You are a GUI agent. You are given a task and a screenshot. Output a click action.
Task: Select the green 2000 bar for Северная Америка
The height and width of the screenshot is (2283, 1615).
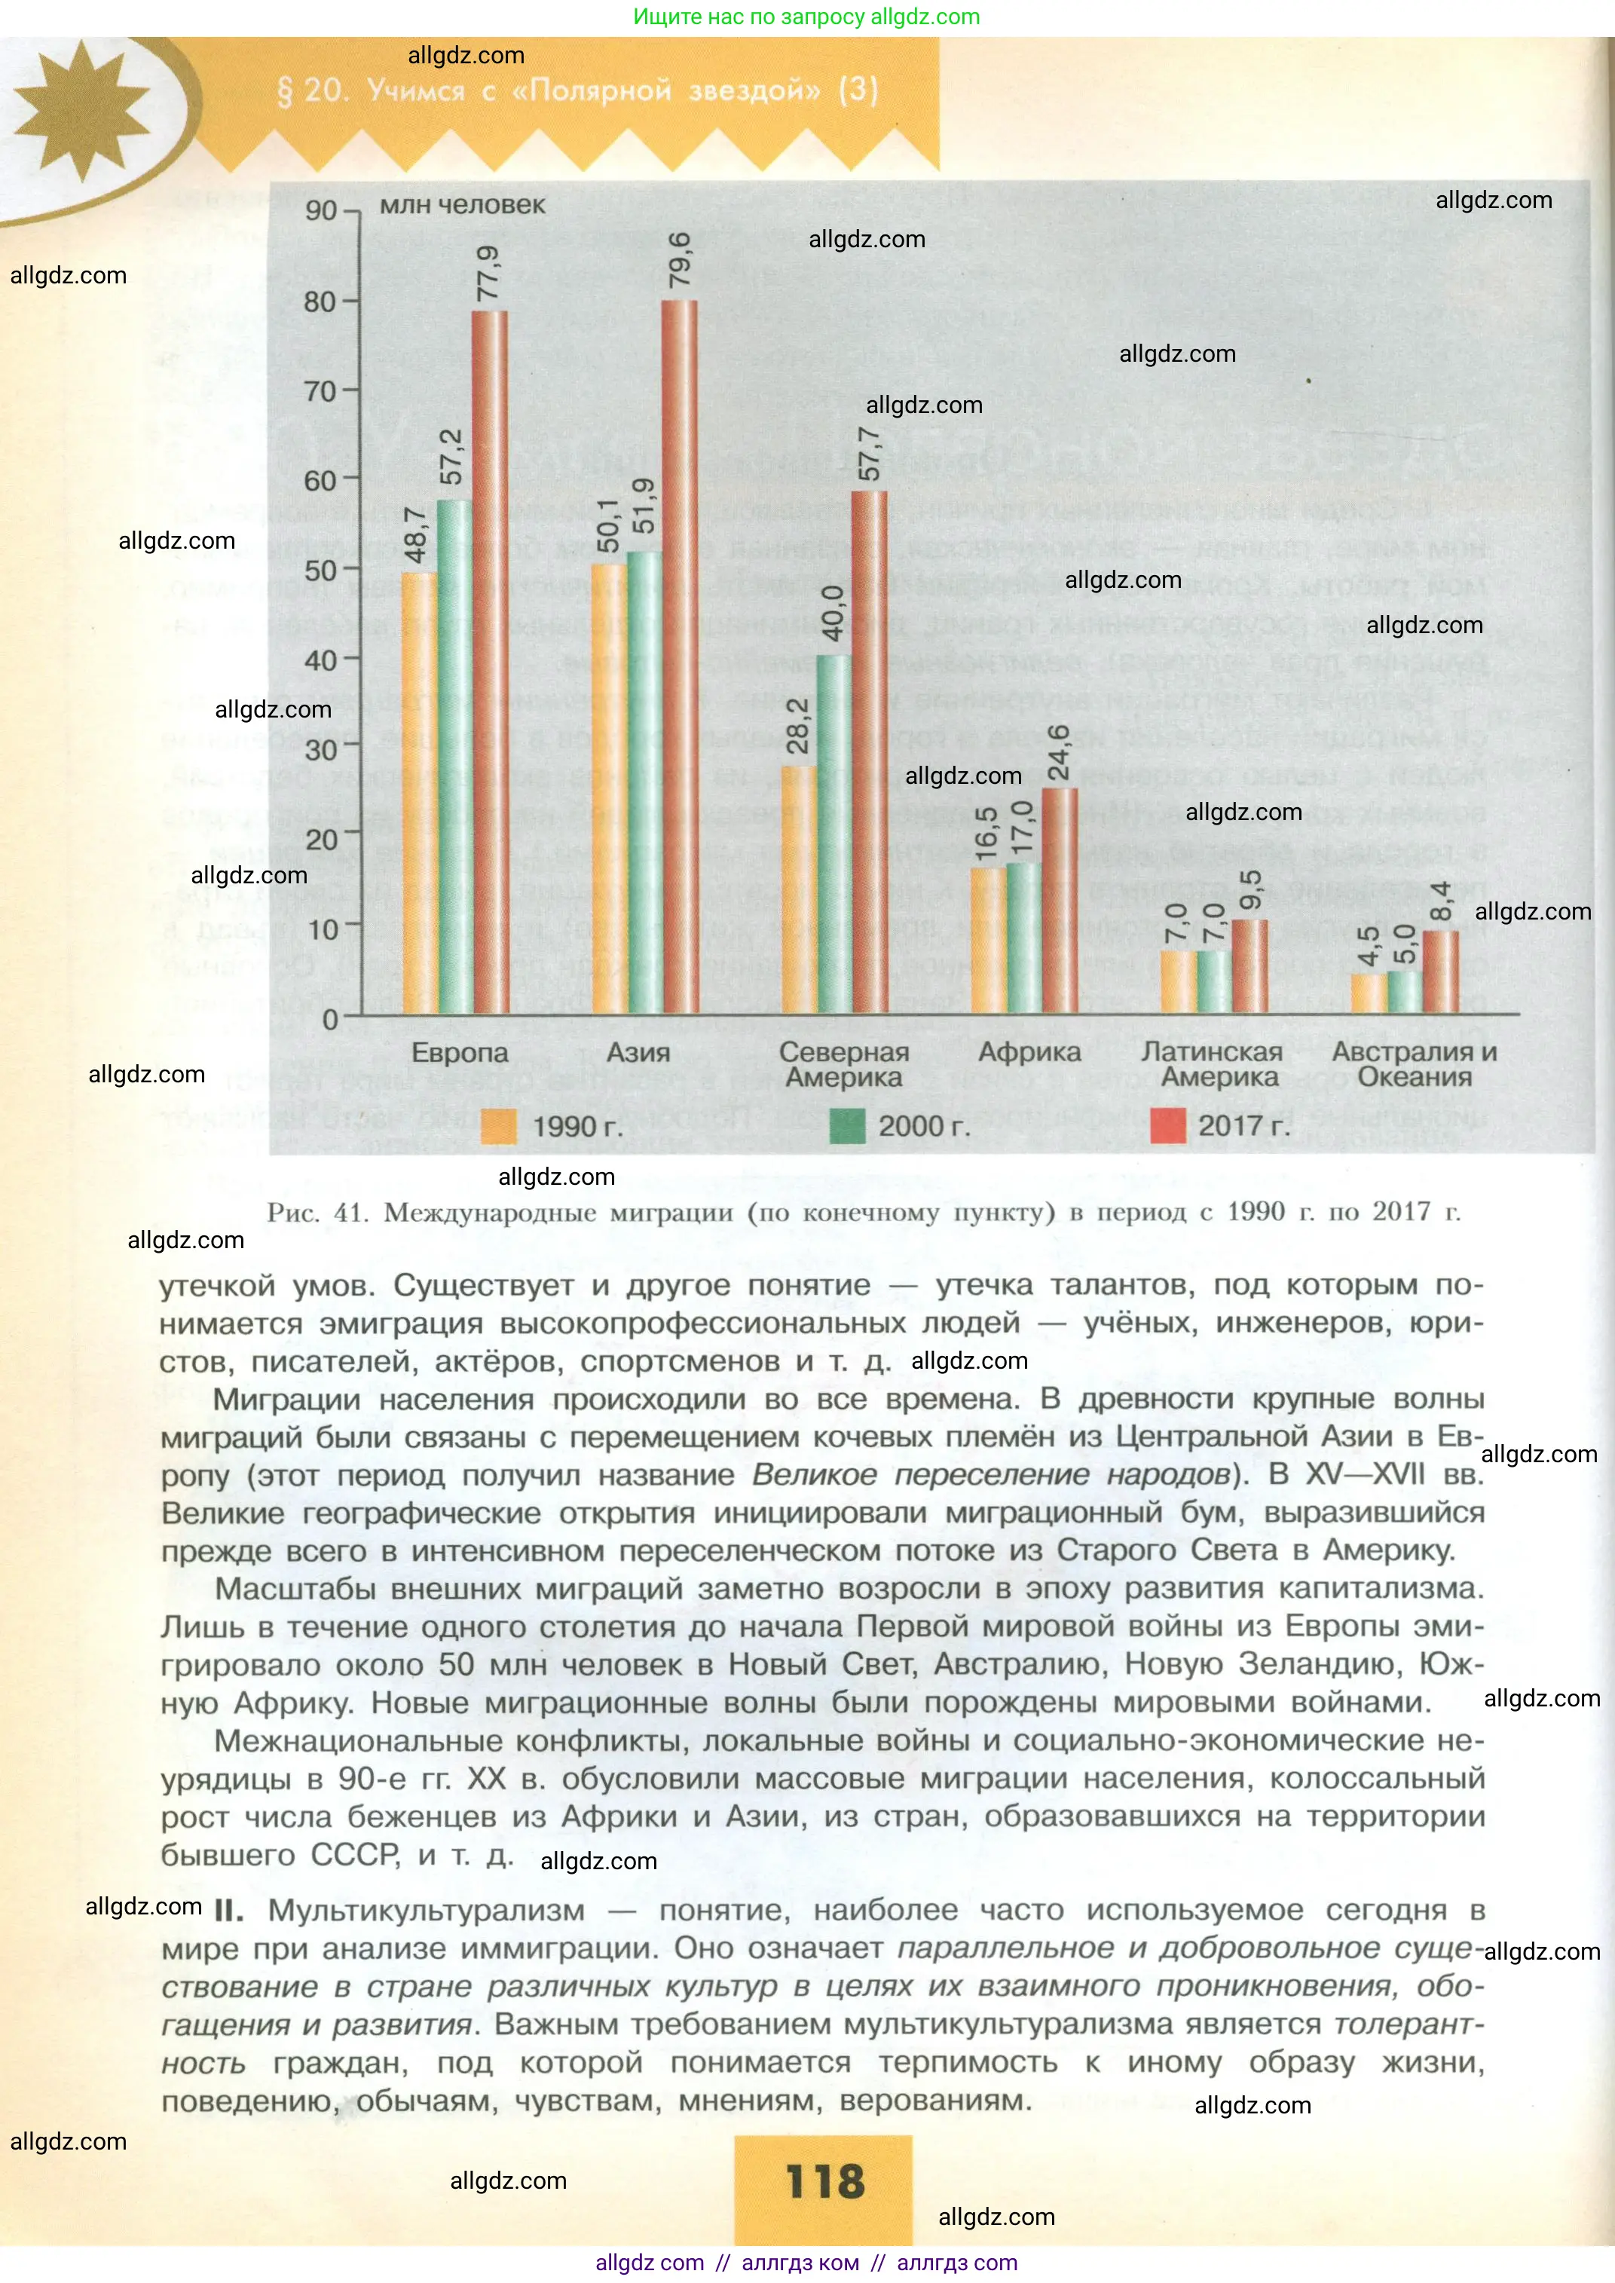click(x=833, y=835)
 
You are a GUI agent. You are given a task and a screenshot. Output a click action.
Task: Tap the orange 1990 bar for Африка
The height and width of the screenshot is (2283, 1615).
click(x=987, y=941)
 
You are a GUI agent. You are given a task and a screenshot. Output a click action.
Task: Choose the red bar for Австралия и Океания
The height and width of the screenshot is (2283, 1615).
click(x=1440, y=972)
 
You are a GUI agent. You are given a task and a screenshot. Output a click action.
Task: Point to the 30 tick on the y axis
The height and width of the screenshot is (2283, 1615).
click(x=321, y=750)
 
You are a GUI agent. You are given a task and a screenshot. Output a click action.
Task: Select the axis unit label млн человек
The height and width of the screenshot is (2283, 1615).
click(x=463, y=205)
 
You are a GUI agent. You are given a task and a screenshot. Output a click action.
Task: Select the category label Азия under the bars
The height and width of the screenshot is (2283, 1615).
click(x=638, y=1052)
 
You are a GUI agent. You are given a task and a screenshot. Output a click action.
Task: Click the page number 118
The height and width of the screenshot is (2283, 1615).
click(x=824, y=2180)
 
